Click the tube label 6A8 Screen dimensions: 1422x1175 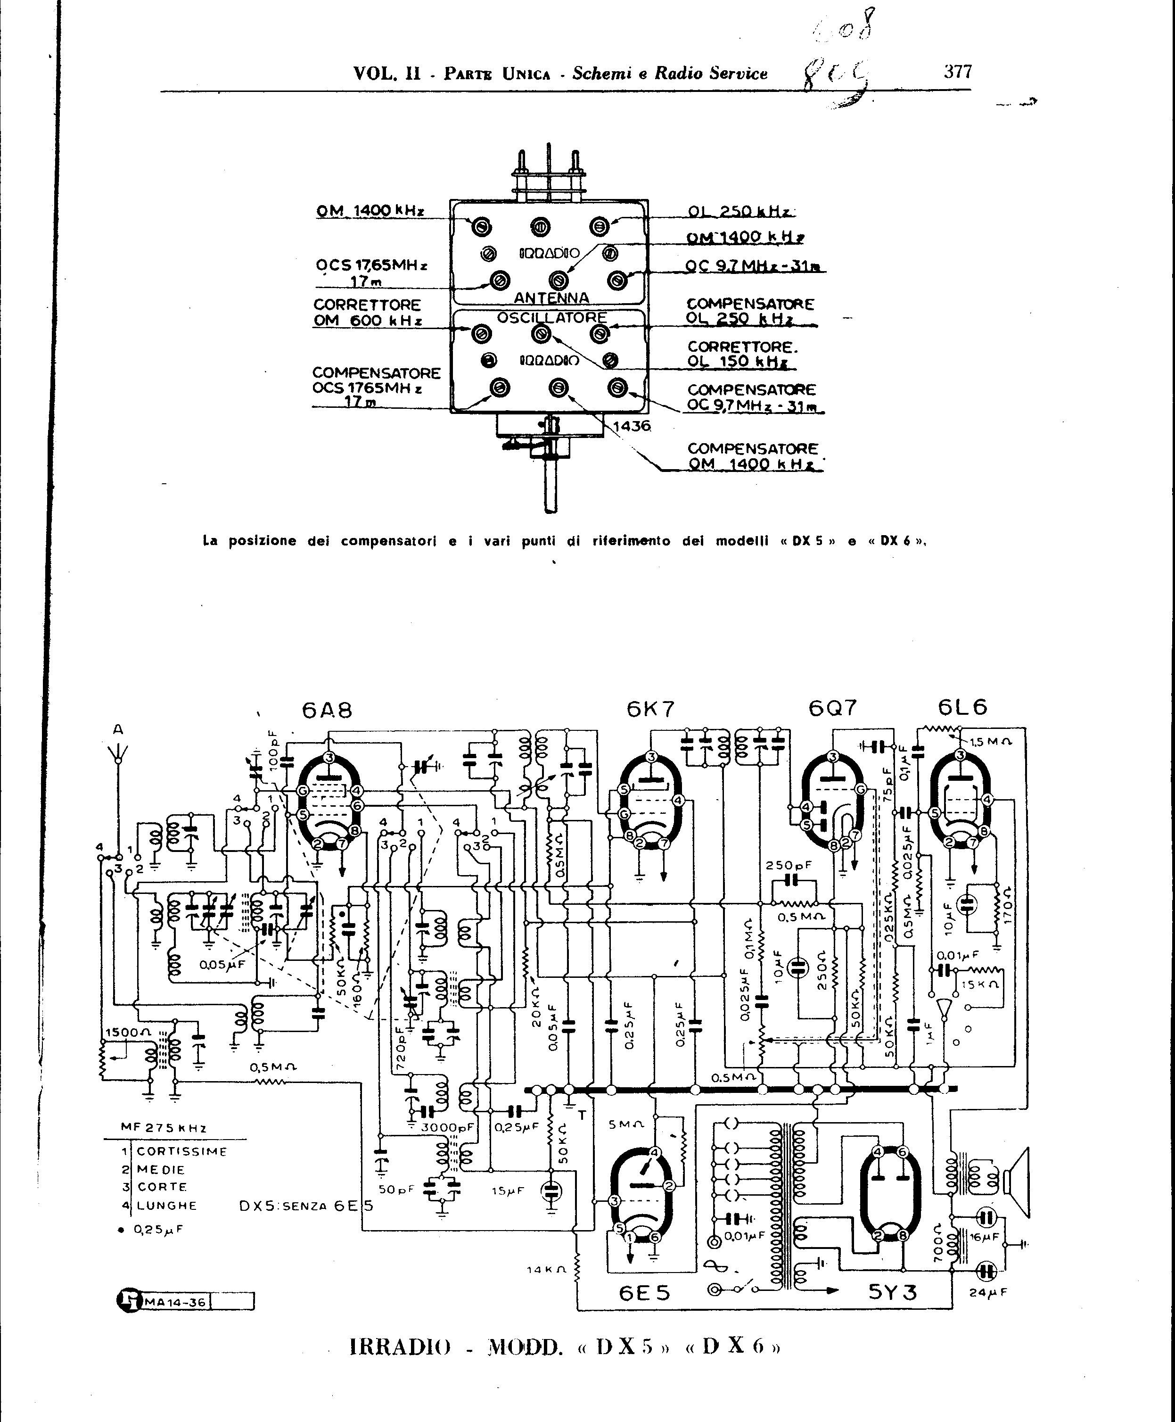coord(327,711)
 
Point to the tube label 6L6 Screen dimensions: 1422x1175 coord(962,707)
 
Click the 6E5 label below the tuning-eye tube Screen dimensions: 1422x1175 coord(644,1293)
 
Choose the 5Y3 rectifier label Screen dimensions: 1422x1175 coord(892,1292)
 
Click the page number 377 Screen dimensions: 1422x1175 coord(958,72)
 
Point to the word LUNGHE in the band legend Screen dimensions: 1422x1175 coord(167,1205)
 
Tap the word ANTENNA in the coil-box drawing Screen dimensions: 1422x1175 coord(551,298)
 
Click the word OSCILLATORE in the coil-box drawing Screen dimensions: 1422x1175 coord(551,317)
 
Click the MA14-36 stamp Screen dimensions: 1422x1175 coord(175,1301)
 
